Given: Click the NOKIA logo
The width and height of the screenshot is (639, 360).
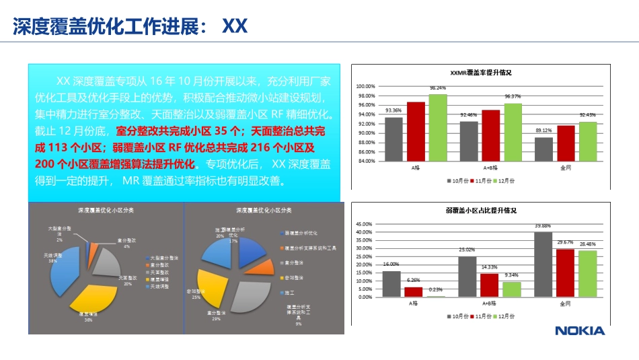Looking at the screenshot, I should pyautogui.click(x=579, y=330).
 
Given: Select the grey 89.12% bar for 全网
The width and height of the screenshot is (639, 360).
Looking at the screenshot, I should pyautogui.click(x=543, y=149).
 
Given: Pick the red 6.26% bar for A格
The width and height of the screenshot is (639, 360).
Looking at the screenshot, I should pyautogui.click(x=414, y=291).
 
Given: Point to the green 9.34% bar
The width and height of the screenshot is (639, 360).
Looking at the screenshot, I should pyautogui.click(x=512, y=289).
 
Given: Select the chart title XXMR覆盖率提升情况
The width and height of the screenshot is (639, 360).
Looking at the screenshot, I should pyautogui.click(x=480, y=73).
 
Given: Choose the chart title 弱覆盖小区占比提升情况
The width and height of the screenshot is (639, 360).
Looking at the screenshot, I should pyautogui.click(x=481, y=211).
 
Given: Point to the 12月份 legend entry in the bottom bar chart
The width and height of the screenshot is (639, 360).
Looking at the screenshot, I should pyautogui.click(x=505, y=316).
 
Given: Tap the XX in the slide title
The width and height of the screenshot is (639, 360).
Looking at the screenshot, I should pyautogui.click(x=235, y=26).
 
